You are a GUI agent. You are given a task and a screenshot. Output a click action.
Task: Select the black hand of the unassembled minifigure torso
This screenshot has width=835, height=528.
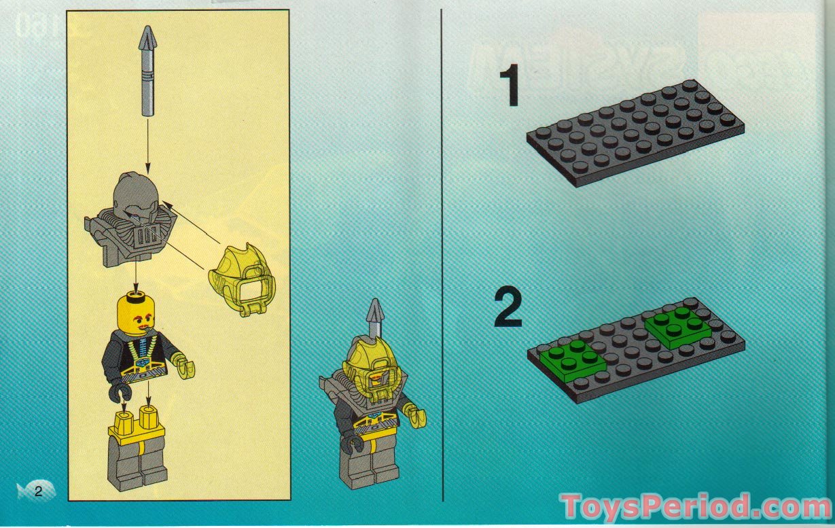(120, 389)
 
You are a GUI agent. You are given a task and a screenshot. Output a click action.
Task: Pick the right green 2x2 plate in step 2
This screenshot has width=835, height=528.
(677, 325)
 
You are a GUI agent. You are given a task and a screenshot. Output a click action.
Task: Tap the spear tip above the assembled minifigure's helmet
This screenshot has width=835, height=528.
(374, 314)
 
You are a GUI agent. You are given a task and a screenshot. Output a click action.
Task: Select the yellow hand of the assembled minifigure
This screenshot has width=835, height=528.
(414, 414)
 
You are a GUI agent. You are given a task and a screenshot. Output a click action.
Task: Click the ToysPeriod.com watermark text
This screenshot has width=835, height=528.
(695, 506)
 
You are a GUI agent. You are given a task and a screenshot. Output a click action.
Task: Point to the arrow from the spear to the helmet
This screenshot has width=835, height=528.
(148, 143)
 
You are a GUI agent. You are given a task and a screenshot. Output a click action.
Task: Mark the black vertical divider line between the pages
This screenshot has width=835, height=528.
(443, 258)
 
